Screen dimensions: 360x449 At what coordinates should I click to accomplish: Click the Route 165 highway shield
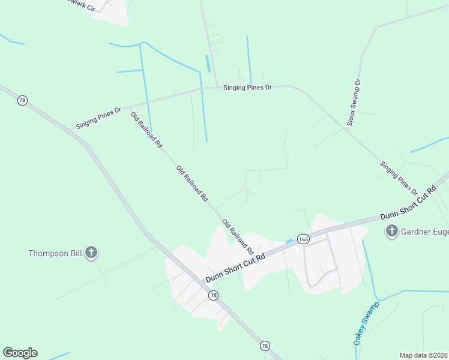click(303, 238)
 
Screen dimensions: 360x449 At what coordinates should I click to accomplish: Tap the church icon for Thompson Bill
click(91, 253)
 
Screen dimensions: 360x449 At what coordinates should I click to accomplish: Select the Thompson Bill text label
click(55, 253)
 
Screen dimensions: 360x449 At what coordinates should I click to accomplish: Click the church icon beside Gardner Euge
click(392, 230)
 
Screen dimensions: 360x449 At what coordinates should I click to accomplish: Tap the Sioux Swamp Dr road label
click(354, 104)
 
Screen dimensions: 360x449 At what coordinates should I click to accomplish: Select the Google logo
click(20, 353)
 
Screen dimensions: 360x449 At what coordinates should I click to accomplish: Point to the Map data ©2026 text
click(424, 355)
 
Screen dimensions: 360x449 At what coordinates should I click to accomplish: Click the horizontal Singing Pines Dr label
click(247, 88)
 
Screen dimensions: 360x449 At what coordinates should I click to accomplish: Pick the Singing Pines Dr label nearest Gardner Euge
click(399, 177)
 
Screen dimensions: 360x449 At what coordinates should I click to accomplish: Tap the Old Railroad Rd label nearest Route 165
click(238, 236)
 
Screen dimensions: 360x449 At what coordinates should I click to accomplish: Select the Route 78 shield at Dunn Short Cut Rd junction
click(213, 295)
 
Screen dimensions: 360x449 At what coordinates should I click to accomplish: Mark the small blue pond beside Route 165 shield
click(290, 241)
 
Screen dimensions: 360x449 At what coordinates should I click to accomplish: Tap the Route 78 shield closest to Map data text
click(265, 346)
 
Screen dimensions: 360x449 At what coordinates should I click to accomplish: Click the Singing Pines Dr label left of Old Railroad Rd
click(98, 118)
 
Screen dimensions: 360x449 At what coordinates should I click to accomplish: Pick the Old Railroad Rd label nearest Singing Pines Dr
click(146, 130)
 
